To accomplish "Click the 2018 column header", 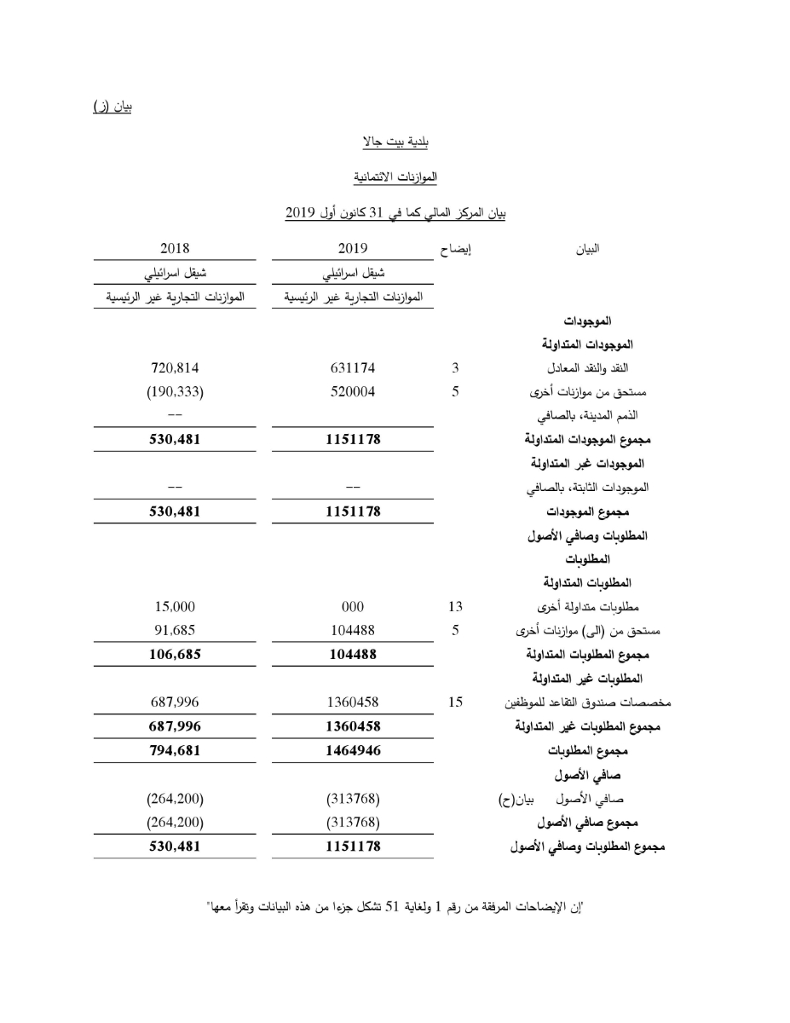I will coord(175,249).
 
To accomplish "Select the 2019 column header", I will coord(352,249).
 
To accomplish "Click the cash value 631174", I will coord(352,368).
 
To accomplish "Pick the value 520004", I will coord(352,392).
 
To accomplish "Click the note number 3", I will coord(455,368).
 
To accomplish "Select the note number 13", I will coord(455,607).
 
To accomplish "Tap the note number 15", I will coord(455,702).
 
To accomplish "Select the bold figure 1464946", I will coord(352,751).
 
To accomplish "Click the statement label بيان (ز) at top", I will coord(112,106).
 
